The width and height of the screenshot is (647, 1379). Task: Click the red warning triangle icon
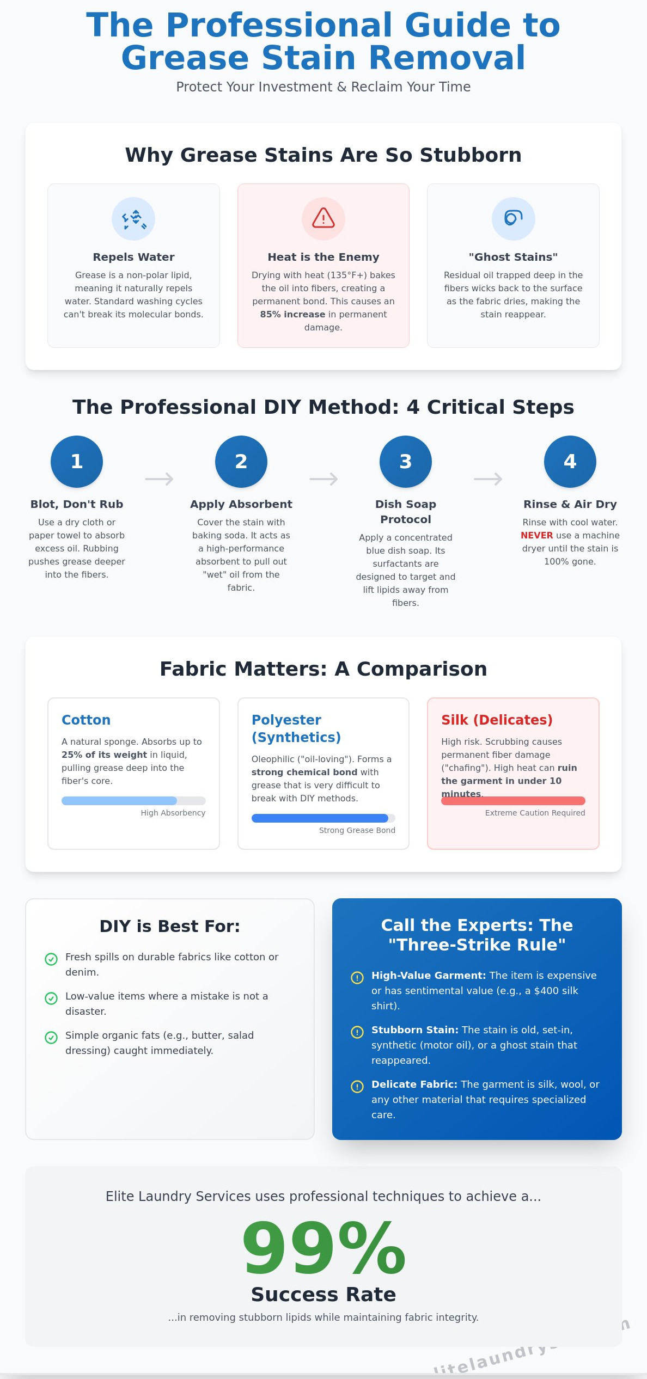point(323,218)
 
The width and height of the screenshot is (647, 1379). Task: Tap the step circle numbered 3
point(405,461)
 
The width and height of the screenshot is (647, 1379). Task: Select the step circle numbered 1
point(77,461)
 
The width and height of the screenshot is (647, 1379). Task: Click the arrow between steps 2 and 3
point(323,479)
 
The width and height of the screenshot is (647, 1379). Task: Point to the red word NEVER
point(536,535)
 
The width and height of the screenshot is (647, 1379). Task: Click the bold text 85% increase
point(292,314)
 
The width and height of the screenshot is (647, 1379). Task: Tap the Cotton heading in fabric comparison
point(86,720)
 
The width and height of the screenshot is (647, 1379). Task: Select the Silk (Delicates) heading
point(497,720)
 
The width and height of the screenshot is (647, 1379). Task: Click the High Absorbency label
point(173,813)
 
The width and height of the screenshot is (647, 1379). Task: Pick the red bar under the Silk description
point(512,801)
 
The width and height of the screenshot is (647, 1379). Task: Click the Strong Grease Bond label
point(357,830)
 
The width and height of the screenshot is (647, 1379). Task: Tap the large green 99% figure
point(323,1248)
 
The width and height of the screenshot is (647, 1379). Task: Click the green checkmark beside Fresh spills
point(51,959)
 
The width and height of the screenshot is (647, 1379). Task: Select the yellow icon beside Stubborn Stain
point(357,1032)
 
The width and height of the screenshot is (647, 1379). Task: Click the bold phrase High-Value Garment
point(428,976)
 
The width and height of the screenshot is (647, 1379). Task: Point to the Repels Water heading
point(133,257)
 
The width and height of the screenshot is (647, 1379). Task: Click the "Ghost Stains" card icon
point(513,218)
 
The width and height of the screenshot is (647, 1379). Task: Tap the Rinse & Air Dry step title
point(570,504)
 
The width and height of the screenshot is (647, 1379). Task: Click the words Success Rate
point(323,1294)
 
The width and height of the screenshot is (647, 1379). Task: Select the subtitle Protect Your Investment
point(323,87)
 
